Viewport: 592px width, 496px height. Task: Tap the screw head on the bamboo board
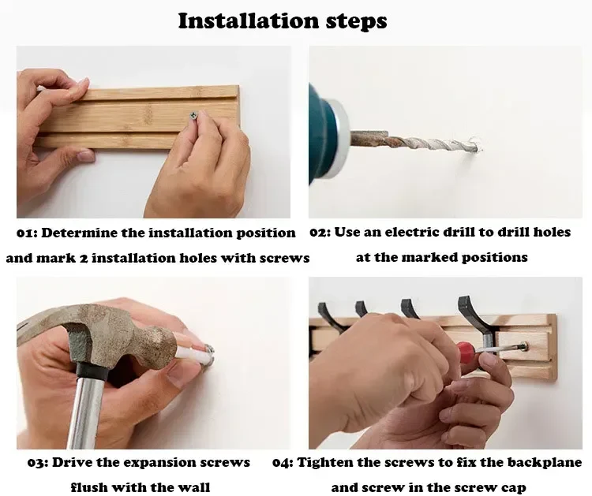(194, 115)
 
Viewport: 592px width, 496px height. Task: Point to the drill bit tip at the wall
(477, 146)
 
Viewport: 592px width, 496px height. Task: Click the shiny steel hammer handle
(86, 411)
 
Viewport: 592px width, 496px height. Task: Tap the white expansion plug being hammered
(194, 355)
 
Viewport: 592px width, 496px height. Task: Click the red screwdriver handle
(467, 352)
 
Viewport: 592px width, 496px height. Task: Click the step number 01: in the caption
(27, 233)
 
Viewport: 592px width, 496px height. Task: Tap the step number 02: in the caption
(320, 233)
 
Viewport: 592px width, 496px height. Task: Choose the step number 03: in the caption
(38, 462)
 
